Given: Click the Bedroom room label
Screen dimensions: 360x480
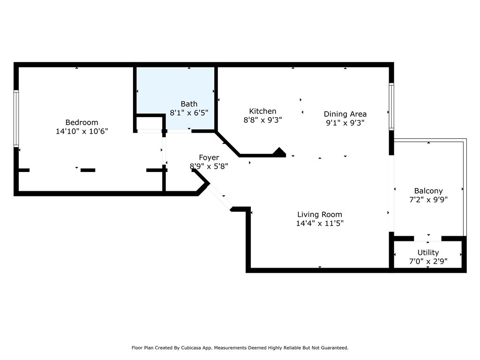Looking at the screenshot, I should (x=82, y=122).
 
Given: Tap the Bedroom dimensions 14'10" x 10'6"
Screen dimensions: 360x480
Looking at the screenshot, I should (x=82, y=132).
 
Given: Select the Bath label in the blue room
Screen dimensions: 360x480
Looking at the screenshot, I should (x=189, y=104).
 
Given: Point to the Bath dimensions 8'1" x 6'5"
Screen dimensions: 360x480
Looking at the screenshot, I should (x=189, y=113).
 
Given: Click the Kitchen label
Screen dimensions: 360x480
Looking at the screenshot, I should (x=262, y=111).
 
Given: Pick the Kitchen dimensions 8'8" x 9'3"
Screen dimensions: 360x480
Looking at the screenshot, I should (x=262, y=120).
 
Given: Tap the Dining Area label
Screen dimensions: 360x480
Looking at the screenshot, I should (x=345, y=114).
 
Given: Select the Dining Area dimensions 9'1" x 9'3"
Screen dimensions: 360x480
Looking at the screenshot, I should (x=345, y=123).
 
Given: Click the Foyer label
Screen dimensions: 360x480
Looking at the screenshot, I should (x=209, y=157).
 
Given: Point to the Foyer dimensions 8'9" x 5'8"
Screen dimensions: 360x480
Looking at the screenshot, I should (x=209, y=166).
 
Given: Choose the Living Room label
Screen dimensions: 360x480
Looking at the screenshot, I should (x=320, y=215).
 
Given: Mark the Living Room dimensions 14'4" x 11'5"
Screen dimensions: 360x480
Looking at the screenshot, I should (x=320, y=224).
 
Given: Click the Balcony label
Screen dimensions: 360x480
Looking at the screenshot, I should (x=428, y=191).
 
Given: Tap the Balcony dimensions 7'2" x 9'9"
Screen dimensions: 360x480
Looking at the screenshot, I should (x=428, y=200).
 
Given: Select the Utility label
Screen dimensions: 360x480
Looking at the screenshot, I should (x=428, y=253).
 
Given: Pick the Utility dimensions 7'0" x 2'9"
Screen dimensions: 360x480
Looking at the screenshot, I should (x=428, y=261).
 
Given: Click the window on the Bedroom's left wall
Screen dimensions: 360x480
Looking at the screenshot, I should (x=16, y=119).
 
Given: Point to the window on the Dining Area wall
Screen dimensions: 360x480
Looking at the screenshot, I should (x=391, y=106).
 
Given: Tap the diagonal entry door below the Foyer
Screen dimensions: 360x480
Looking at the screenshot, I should (x=219, y=196).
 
